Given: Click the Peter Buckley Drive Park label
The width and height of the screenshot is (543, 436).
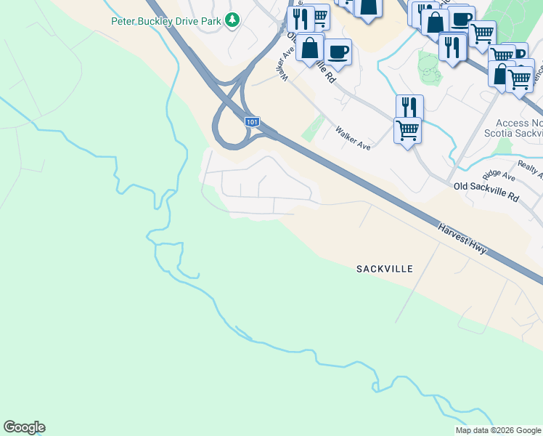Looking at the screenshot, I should (166, 21).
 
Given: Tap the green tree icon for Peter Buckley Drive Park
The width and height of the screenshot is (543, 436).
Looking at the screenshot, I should (232, 20).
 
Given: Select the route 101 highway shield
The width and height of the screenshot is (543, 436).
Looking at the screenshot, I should (251, 121).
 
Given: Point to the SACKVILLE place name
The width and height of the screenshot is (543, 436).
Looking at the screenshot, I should (385, 269).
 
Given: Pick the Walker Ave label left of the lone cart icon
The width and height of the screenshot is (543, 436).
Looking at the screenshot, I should (353, 138).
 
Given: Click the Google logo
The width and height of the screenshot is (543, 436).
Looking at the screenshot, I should (24, 427).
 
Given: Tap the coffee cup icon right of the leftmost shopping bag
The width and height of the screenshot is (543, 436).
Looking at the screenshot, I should (338, 51).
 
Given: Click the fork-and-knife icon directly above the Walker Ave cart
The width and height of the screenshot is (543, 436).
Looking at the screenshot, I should (409, 106).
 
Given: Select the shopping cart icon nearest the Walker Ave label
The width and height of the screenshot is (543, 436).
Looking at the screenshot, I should (407, 130).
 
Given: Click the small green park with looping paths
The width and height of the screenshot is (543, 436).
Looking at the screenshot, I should (428, 68).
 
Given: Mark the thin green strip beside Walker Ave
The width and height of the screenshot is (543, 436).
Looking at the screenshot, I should (314, 129).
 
